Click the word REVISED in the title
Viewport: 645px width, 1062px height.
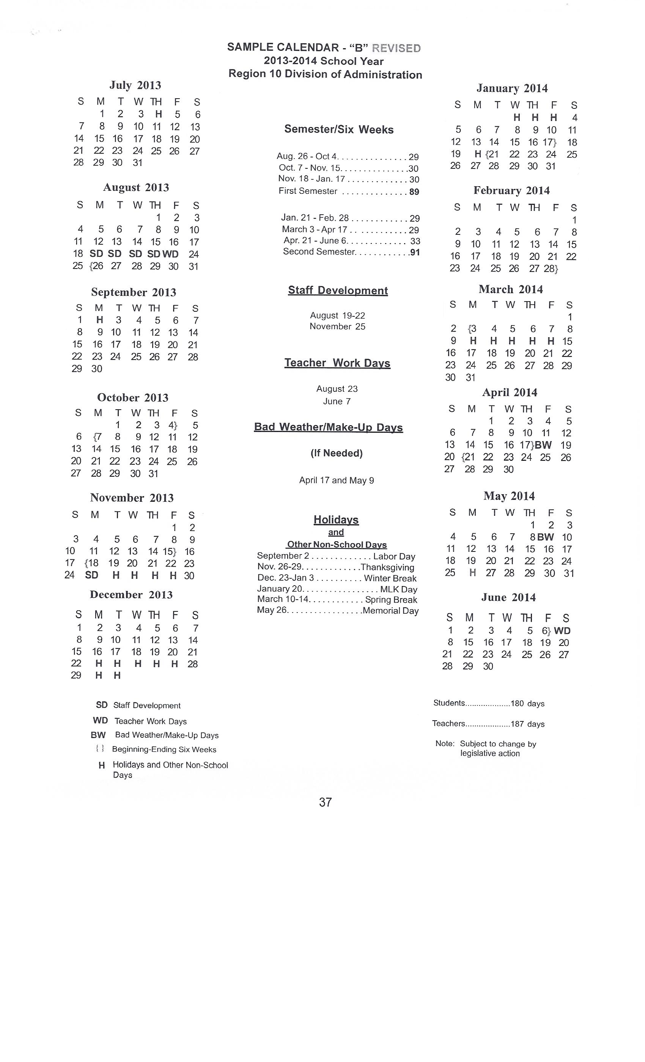coord(396,48)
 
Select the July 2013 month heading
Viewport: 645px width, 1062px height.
coord(135,85)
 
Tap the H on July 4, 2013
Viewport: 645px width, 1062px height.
coord(158,114)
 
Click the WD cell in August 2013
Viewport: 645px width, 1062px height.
coord(170,254)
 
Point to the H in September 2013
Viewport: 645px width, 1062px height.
coord(99,320)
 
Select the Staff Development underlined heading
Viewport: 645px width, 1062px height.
coord(338,291)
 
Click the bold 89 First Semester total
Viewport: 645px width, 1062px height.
coord(414,192)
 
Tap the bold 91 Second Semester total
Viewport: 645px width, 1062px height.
coord(415,253)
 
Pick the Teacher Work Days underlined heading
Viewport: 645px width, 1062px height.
coord(337,363)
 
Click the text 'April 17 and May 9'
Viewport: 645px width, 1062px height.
coord(336,480)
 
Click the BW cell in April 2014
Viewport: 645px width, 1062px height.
coord(543,445)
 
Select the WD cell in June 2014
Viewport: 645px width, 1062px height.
coord(562,630)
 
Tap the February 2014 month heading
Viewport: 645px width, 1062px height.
coord(511,190)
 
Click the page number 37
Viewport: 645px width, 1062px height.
coord(325,802)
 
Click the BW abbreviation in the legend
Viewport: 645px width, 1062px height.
coord(98,735)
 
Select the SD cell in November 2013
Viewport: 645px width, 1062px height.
coord(92,575)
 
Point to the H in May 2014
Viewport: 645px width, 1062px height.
coord(472,573)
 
